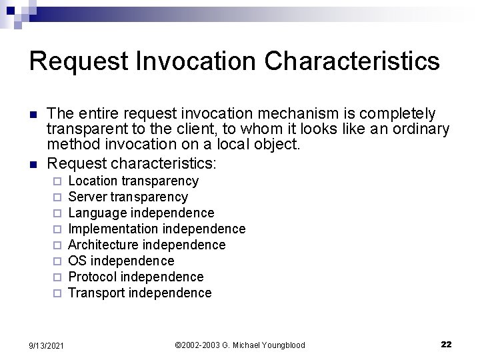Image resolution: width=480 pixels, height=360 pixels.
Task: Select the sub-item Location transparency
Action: [x=133, y=181]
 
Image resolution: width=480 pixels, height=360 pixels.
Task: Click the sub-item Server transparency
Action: [x=128, y=197]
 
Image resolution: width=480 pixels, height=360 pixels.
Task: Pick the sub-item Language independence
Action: [x=141, y=213]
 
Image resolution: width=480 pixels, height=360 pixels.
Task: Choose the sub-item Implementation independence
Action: [x=157, y=229]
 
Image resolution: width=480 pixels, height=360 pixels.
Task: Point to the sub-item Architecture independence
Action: [x=147, y=245]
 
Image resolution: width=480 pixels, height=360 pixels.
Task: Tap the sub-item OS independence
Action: [x=121, y=261]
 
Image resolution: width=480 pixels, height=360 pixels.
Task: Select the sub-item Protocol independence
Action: [x=136, y=277]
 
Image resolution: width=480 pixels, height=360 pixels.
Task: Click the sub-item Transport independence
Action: [x=140, y=293]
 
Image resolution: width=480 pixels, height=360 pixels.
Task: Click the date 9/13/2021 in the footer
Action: [x=46, y=345]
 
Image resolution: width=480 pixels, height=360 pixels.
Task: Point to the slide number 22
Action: [x=446, y=344]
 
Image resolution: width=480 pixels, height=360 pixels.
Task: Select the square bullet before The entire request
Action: [x=34, y=114]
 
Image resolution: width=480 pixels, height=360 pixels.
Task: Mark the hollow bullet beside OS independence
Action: [x=57, y=261]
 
